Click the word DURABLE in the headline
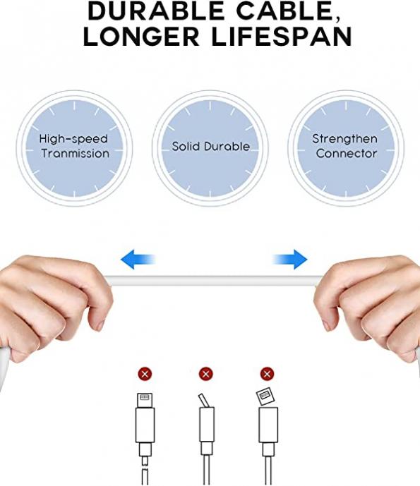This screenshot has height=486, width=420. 156,11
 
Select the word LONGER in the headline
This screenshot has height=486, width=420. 141,37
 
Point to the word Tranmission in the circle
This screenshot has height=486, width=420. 76,154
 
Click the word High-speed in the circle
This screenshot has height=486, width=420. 73,139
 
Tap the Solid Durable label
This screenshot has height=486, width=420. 210,146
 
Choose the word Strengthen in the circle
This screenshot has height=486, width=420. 345,139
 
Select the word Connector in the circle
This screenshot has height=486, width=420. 347,154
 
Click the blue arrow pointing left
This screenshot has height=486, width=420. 138,259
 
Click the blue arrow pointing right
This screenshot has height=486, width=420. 290,259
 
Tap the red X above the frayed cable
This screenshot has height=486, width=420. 145,374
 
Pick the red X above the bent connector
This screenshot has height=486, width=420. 205,374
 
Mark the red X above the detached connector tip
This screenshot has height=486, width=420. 267,374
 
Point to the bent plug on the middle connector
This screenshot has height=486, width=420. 203,401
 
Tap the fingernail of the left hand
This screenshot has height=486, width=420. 100,325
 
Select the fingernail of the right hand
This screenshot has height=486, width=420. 326,325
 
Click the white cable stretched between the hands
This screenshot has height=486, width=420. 214,281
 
